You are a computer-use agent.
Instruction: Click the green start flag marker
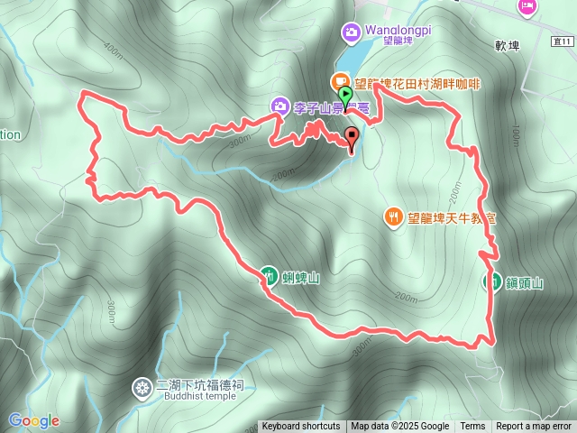coord(344,94)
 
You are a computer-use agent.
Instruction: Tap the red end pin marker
coord(352,138)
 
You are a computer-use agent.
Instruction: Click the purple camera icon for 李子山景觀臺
coord(280,107)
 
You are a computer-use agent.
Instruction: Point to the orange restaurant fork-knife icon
coord(393,216)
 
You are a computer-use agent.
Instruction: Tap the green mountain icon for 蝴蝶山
coord(269,275)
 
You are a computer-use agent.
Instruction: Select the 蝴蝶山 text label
coord(301,278)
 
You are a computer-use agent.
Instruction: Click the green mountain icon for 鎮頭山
coord(493,281)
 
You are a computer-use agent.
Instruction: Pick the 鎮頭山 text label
coord(525,283)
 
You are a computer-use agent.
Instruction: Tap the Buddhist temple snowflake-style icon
coord(142,389)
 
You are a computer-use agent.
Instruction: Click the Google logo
coord(34,420)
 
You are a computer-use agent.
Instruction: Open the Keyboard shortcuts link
coord(301,427)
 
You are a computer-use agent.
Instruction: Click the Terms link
coord(472,427)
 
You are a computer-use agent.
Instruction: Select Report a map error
coord(534,427)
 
